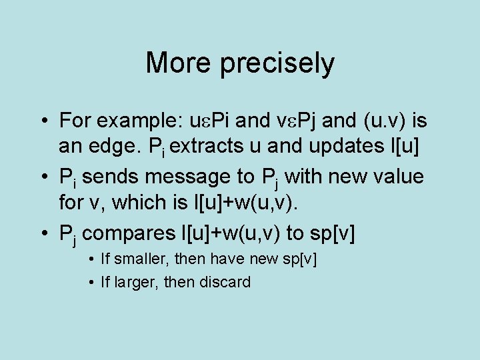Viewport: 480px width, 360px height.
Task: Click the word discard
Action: (223, 282)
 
